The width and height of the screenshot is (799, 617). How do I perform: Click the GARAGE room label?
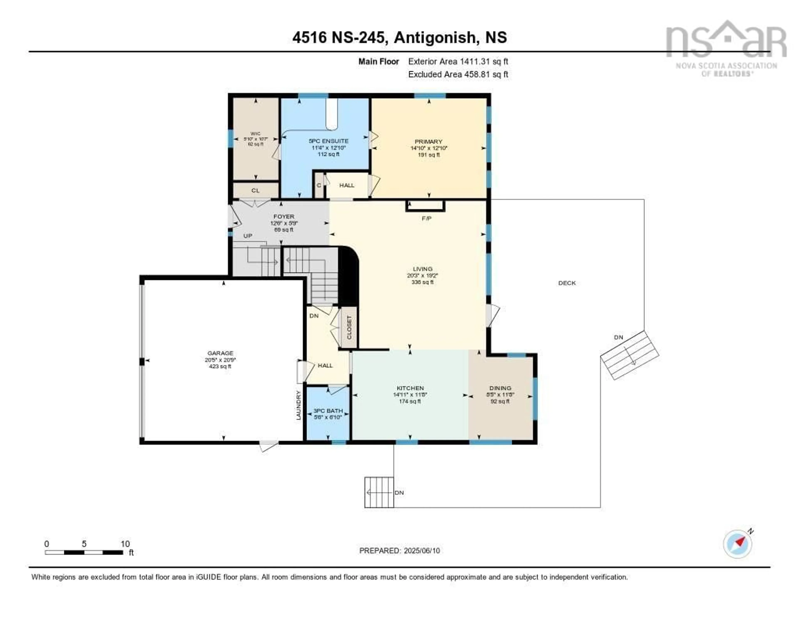220,353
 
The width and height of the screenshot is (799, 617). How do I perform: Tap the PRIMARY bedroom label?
428,141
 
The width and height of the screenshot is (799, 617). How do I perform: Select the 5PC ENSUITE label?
329,141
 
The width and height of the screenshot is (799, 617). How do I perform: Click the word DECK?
567,283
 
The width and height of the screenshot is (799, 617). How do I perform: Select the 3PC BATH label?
328,411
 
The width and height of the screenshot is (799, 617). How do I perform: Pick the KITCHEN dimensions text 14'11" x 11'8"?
410,395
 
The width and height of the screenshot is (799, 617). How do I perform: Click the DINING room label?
500,388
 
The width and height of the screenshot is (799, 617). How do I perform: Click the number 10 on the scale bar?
125,544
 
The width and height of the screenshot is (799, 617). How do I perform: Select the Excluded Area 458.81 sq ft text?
458,74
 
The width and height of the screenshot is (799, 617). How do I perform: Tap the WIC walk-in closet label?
255,134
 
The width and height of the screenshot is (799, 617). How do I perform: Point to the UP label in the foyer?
248,236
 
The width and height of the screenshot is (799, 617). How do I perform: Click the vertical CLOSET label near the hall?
349,327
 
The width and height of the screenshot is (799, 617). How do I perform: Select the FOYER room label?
284,217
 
